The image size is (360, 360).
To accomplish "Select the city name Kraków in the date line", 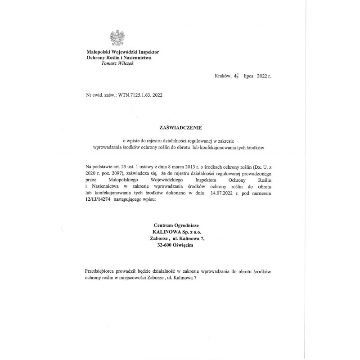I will click(x=223, y=76).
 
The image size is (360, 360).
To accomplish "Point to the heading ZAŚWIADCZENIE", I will click(x=178, y=128).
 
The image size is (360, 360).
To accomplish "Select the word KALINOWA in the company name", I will click(x=168, y=232).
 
